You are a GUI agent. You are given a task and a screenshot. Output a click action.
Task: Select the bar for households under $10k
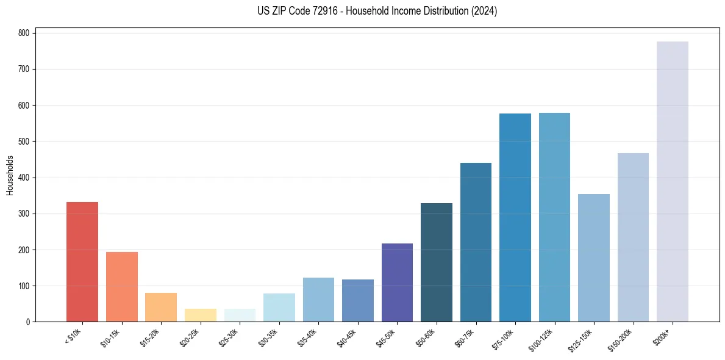82,262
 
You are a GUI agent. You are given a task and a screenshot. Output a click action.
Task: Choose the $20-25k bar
201,315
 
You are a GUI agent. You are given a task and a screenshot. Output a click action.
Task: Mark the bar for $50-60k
437,262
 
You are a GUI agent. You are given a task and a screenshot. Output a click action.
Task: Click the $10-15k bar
122,287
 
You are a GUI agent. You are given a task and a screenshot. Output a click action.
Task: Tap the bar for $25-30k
240,315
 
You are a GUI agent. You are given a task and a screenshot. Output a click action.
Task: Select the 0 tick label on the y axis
27,322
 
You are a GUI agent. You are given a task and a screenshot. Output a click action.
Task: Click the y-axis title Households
10,175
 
